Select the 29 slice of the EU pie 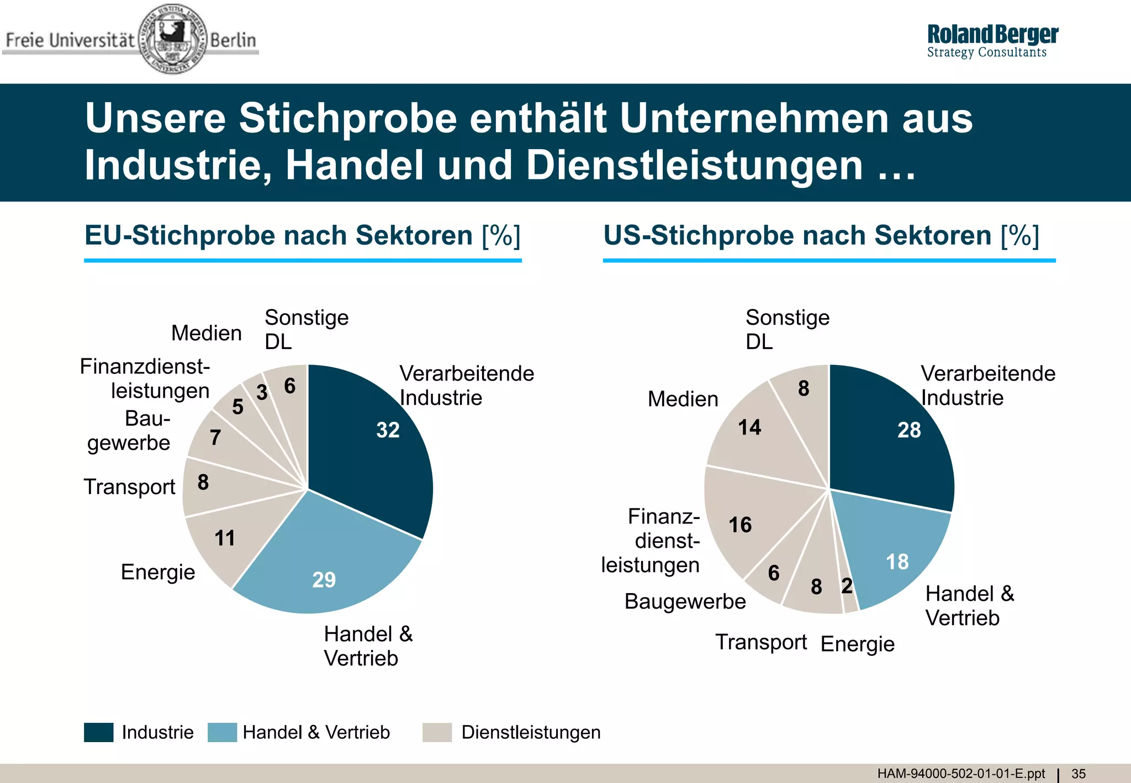coord(326,569)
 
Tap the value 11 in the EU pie coord(225,538)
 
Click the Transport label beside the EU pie coord(129,487)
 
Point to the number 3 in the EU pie coord(262,393)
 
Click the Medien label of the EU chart coord(207,333)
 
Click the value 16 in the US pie coord(740,525)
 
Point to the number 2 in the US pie coord(847,586)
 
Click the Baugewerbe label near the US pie coord(685,601)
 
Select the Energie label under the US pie coord(857,644)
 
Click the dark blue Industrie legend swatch coord(99,732)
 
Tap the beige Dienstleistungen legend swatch coord(437,732)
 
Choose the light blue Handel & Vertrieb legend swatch coord(222,732)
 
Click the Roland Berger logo coord(992,41)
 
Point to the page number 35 coord(1079,774)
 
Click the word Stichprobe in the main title coord(348,119)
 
